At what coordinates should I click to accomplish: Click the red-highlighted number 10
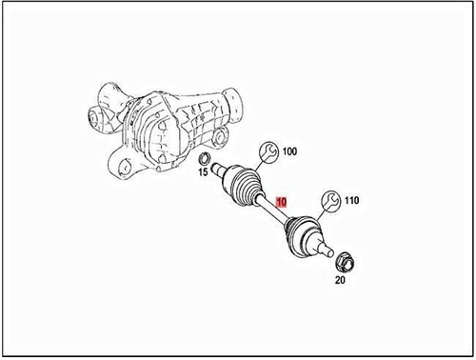pyautogui.click(x=280, y=202)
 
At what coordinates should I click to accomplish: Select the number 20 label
pyautogui.click(x=341, y=281)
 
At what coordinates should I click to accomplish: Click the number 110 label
pyautogui.click(x=350, y=201)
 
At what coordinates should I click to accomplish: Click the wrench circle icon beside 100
pyautogui.click(x=268, y=150)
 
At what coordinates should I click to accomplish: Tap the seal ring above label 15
pyautogui.click(x=204, y=156)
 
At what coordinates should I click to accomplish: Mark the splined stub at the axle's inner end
pyautogui.click(x=218, y=170)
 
